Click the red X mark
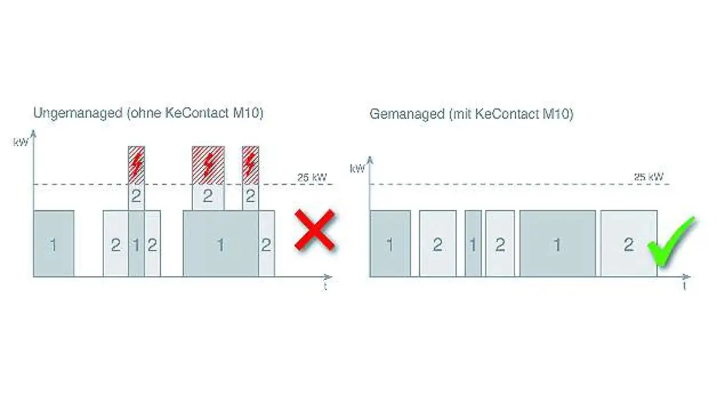(x=315, y=229)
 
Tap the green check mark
(x=671, y=242)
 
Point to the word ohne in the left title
(x=146, y=113)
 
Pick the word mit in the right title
(x=460, y=114)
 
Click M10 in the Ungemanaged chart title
(x=248, y=113)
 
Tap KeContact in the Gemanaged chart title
(x=505, y=114)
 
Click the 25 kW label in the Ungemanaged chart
(x=313, y=178)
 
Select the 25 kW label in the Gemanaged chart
(x=649, y=177)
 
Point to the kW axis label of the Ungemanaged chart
(x=21, y=142)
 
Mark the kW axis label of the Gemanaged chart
(x=357, y=168)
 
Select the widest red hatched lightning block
(x=208, y=165)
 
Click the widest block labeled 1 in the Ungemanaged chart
(x=221, y=244)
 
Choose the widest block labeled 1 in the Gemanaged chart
(x=557, y=244)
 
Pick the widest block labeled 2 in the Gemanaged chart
(x=628, y=244)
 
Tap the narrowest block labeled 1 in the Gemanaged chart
(x=473, y=244)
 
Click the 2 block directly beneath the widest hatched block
(x=208, y=197)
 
